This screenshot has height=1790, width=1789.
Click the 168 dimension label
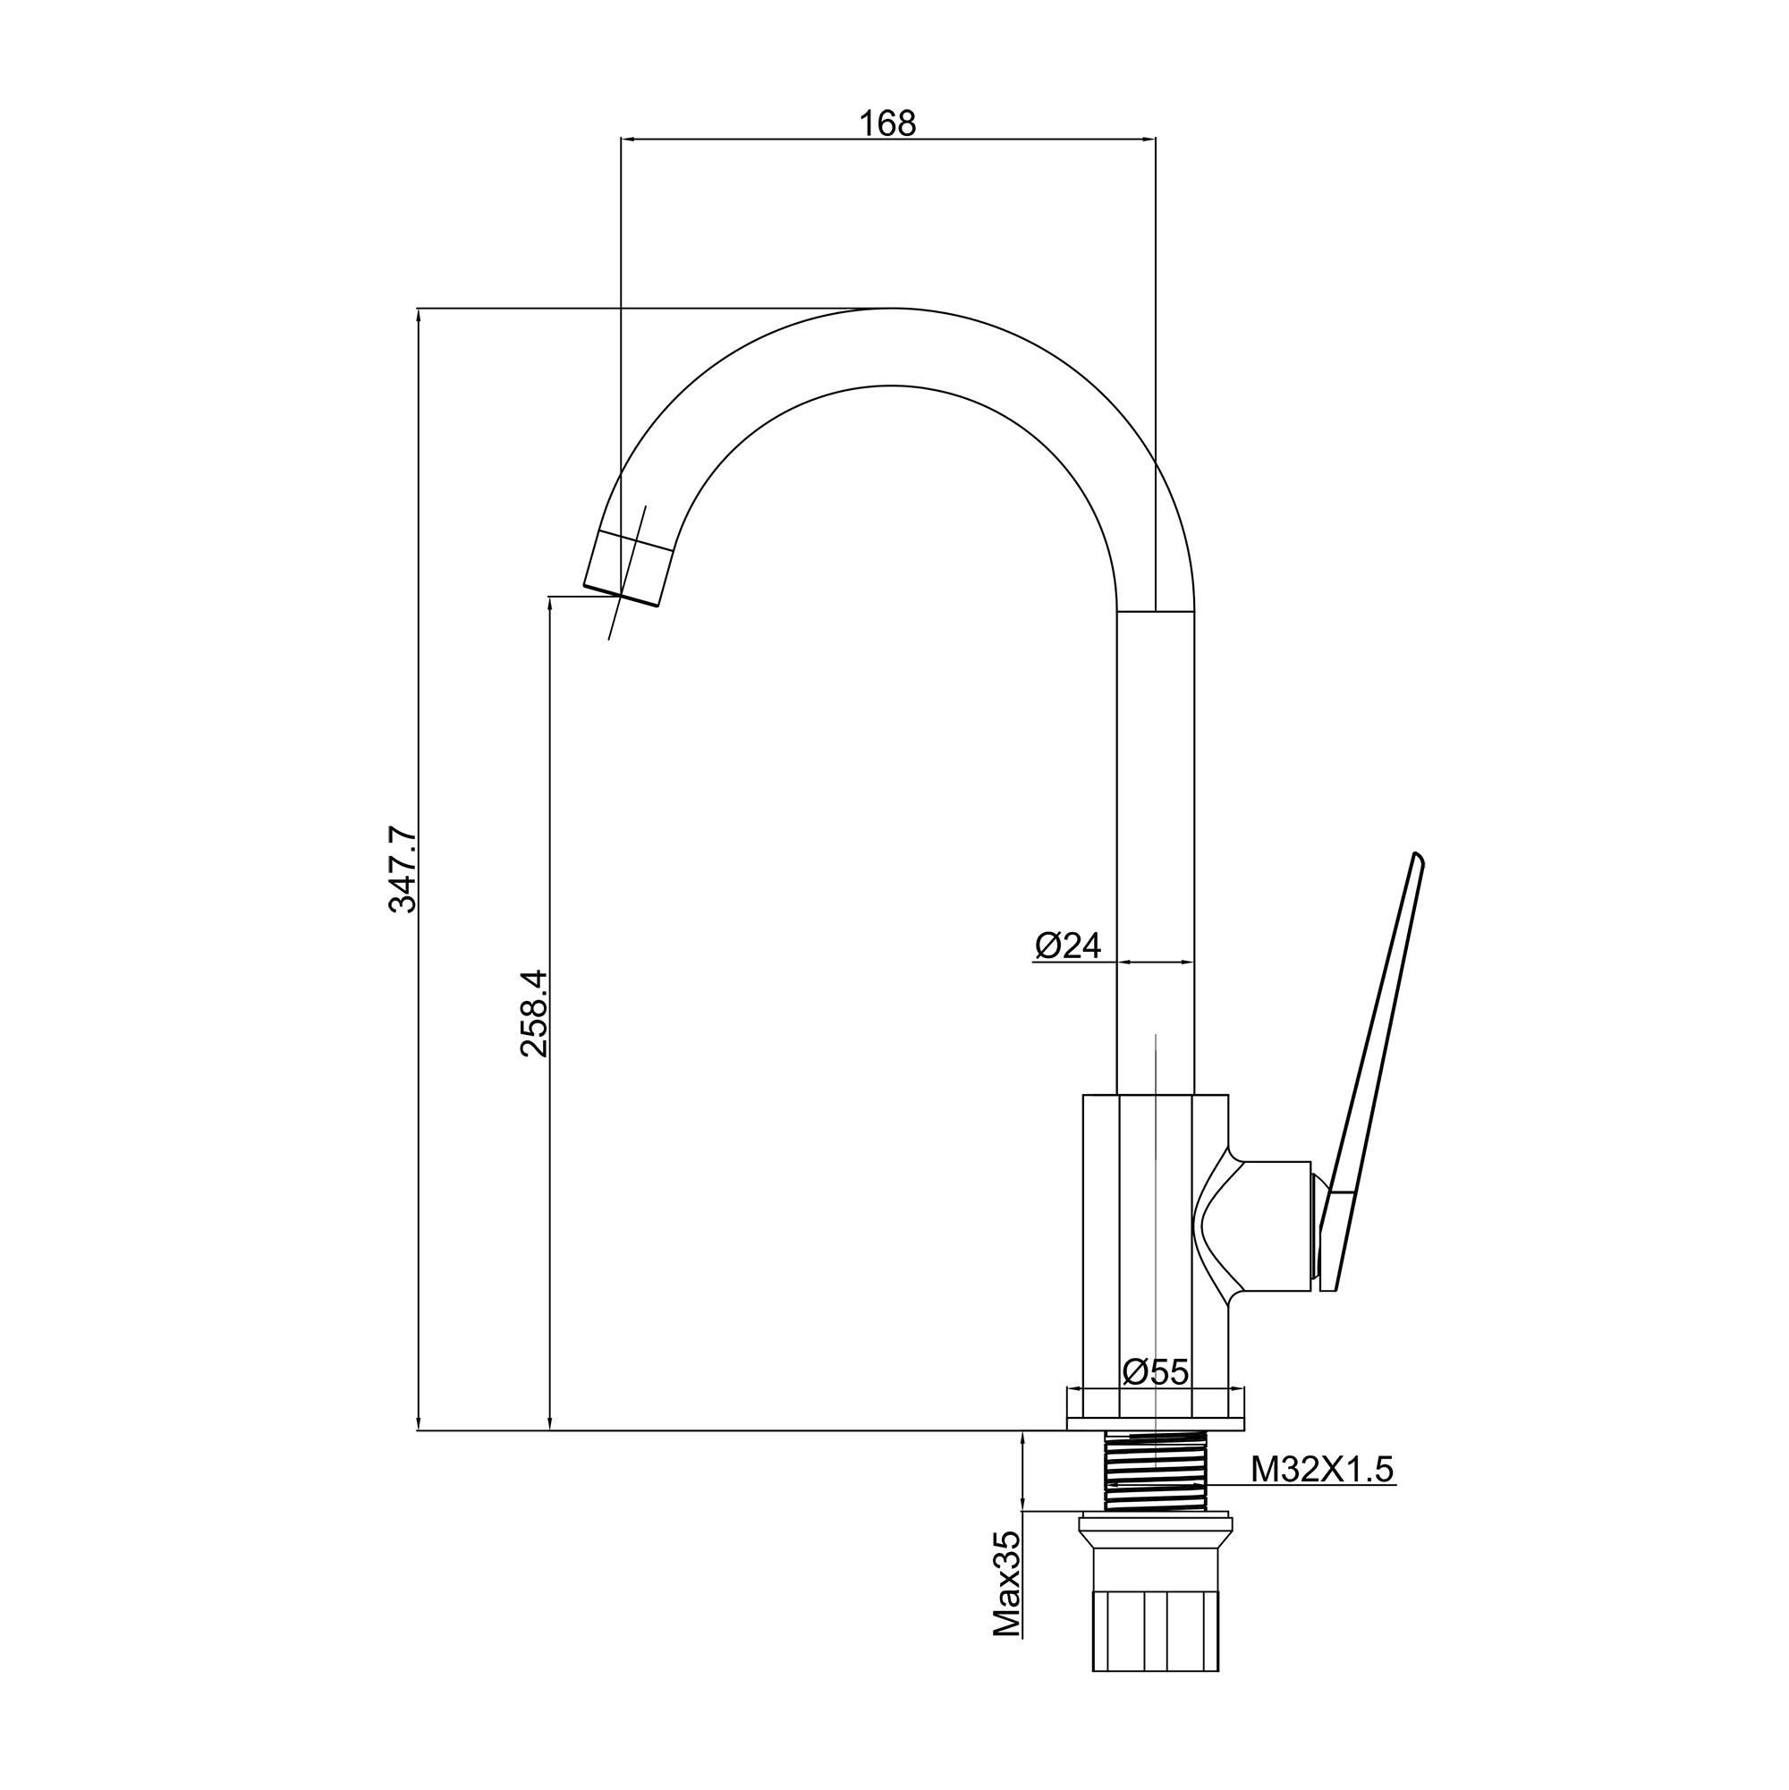coord(886,123)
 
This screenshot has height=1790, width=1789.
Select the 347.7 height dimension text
coord(403,870)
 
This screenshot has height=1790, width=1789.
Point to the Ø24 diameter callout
coord(1068,945)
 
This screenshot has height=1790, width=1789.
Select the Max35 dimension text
coord(1007,1583)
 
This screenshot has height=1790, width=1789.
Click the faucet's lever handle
coord(1371,1072)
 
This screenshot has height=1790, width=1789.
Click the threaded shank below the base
coord(1156,1471)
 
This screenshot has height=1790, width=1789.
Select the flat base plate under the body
coord(1156,1424)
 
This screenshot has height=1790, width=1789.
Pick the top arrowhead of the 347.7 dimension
coord(419,316)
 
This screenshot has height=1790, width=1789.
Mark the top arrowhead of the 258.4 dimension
coord(550,604)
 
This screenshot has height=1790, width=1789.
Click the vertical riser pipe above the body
coord(1156,853)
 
